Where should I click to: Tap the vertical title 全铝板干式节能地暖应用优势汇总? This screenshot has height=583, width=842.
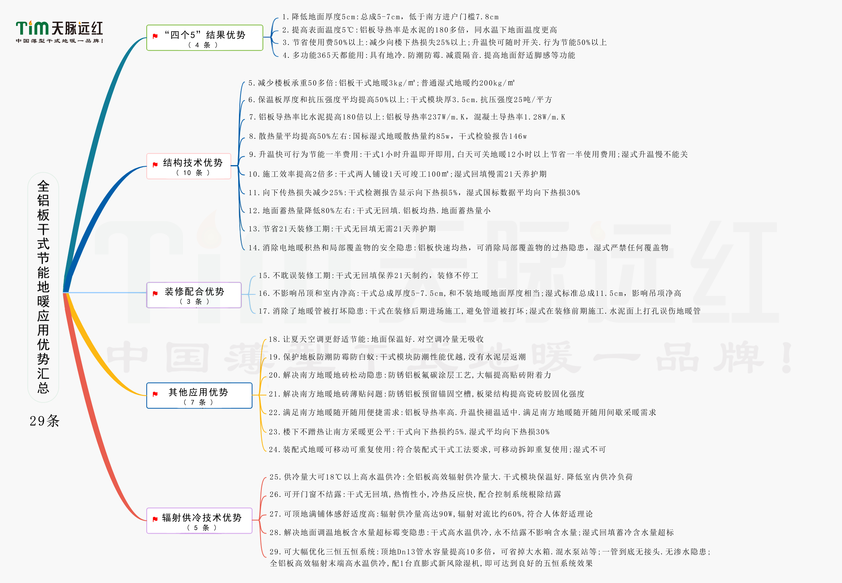43,287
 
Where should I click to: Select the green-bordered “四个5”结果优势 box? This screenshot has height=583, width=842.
205,38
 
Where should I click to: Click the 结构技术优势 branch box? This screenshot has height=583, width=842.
189,166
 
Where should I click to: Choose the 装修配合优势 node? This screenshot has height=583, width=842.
194,295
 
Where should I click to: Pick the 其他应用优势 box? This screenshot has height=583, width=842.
199,396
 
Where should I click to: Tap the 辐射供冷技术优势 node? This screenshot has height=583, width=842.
199,521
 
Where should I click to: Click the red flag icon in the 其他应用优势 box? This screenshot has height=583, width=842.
155,394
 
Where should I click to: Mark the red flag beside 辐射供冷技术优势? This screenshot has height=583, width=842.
155,519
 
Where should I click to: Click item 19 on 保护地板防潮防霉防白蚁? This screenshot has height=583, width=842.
397,357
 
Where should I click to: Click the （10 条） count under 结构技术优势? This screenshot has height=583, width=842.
193,173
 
